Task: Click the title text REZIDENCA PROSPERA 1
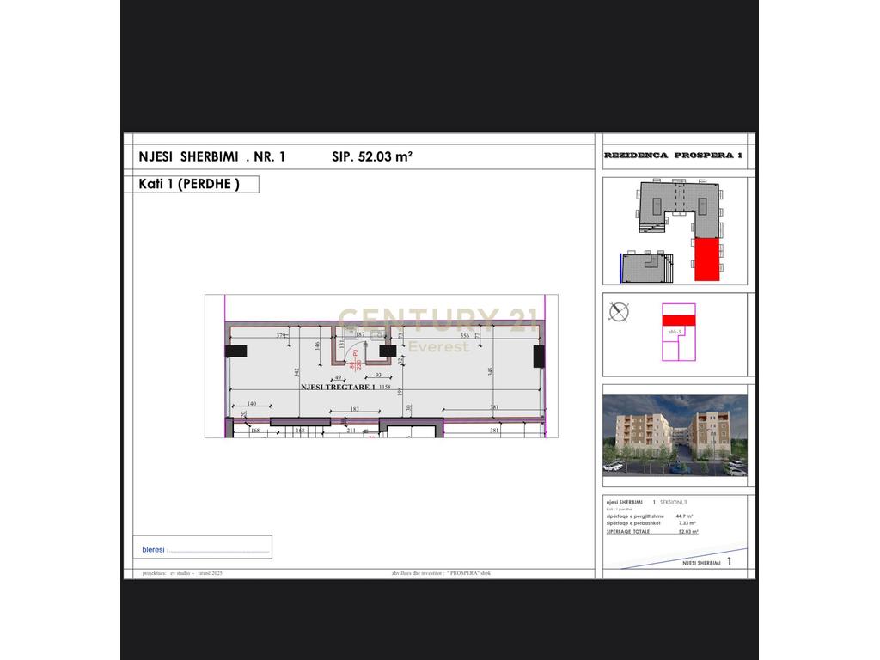coord(673,156)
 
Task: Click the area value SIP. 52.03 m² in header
coord(372,156)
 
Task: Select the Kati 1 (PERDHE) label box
coord(190,184)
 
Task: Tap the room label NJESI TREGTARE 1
coord(337,387)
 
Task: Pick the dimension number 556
coord(464,335)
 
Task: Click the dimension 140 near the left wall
coord(251,404)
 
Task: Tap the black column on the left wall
coord(236,351)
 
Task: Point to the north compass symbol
coord(618,311)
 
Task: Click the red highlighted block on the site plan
coord(706,259)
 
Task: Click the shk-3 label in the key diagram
coord(674,331)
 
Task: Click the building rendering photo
coord(675,436)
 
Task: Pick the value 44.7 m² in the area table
coord(685,516)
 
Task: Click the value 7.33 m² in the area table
coord(687,523)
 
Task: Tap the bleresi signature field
coord(205,548)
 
